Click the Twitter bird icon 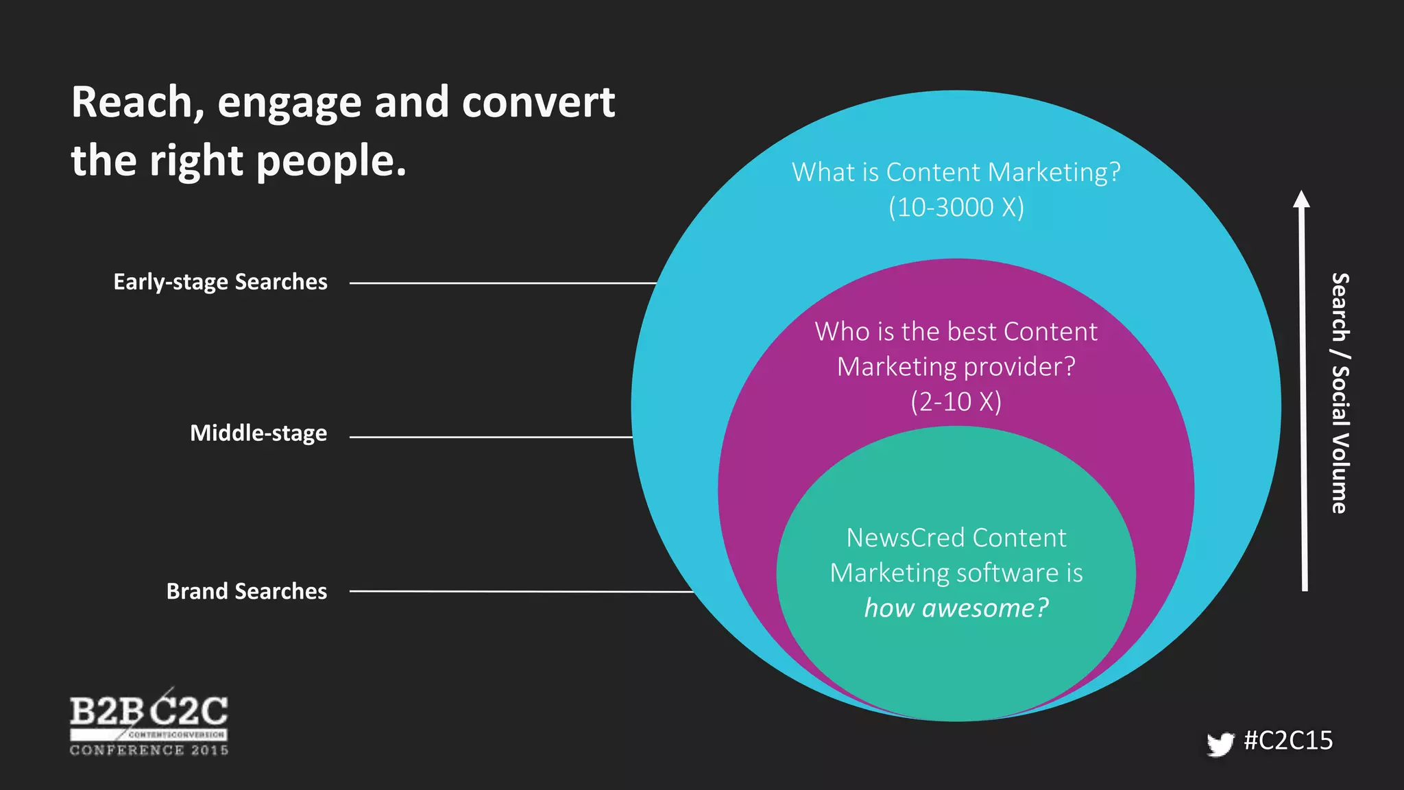1220,744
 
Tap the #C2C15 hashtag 1288,741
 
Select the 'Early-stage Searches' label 220,282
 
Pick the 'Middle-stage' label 258,433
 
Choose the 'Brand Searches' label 247,591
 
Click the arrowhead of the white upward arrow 1301,199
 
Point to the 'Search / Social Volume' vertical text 1340,393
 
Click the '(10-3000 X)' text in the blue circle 956,207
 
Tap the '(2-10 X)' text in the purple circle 956,402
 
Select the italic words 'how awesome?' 956,608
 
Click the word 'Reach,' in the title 138,103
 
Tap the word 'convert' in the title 538,103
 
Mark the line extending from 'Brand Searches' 521,591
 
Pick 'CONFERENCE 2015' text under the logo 149,750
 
